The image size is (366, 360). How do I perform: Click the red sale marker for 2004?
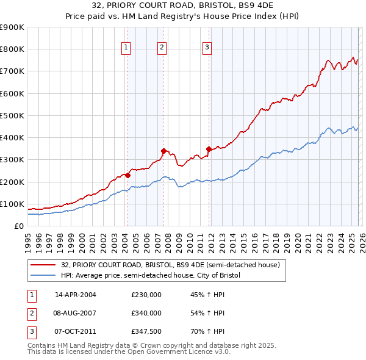tap(127, 175)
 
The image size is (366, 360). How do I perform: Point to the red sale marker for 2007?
tap(163, 151)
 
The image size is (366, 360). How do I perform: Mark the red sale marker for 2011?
tap(209, 149)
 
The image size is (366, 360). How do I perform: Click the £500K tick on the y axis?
tap(12, 115)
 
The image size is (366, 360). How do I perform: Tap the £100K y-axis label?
tap(12, 204)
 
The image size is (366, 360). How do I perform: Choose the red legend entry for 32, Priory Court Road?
tap(170, 265)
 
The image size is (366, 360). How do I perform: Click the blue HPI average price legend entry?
tap(151, 275)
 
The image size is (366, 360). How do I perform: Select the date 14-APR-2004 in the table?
tap(75, 294)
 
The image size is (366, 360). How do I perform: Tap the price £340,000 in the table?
tap(146, 313)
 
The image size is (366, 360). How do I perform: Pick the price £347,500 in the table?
tap(146, 332)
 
